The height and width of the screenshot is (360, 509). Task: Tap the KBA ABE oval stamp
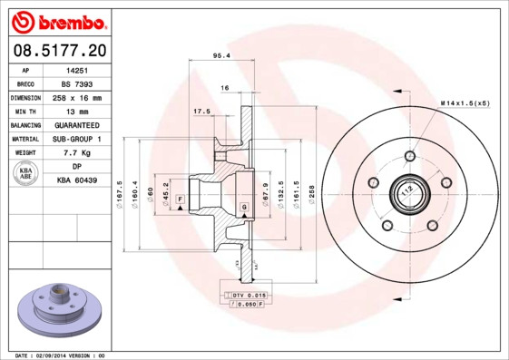click(x=26, y=173)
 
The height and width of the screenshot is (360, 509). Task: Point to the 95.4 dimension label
click(x=220, y=56)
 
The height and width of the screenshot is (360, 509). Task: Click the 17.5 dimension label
click(x=201, y=112)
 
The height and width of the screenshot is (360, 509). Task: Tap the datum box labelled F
click(x=180, y=199)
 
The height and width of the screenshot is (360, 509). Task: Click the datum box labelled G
click(x=244, y=209)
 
